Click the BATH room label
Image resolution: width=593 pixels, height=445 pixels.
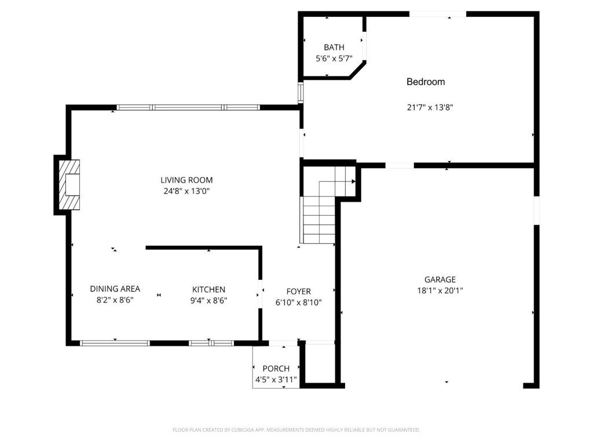pos(334,48)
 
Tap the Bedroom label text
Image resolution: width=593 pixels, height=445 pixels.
pos(426,82)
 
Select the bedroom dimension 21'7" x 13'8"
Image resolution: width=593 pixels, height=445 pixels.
pos(430,107)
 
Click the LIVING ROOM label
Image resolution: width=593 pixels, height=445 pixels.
pos(186,180)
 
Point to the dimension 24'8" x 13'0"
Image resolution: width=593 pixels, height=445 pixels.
pos(186,191)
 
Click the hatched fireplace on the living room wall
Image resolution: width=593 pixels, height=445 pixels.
pos(69,185)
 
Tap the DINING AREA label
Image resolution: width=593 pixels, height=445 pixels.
pos(115,289)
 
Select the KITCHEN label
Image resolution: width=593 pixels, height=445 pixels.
pos(208,290)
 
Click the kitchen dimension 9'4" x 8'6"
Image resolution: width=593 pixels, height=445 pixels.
pos(208,301)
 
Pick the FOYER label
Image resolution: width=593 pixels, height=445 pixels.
pos(298,291)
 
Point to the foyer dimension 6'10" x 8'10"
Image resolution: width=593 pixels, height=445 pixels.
pos(298,302)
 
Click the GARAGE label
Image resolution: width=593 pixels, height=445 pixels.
pos(440,280)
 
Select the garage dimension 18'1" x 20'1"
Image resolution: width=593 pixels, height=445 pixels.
pos(440,291)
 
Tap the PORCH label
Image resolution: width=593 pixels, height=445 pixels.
pos(276,369)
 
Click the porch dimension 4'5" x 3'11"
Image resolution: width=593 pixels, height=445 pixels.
pos(276,380)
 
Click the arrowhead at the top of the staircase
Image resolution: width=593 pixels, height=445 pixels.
pos(354,181)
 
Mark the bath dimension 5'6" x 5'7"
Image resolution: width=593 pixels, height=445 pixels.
pos(334,59)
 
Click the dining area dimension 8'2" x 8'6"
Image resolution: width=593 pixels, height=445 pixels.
pos(115,301)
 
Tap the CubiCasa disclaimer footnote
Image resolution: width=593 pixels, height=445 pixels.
pos(296,430)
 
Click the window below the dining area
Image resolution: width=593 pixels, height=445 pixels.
pos(115,343)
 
